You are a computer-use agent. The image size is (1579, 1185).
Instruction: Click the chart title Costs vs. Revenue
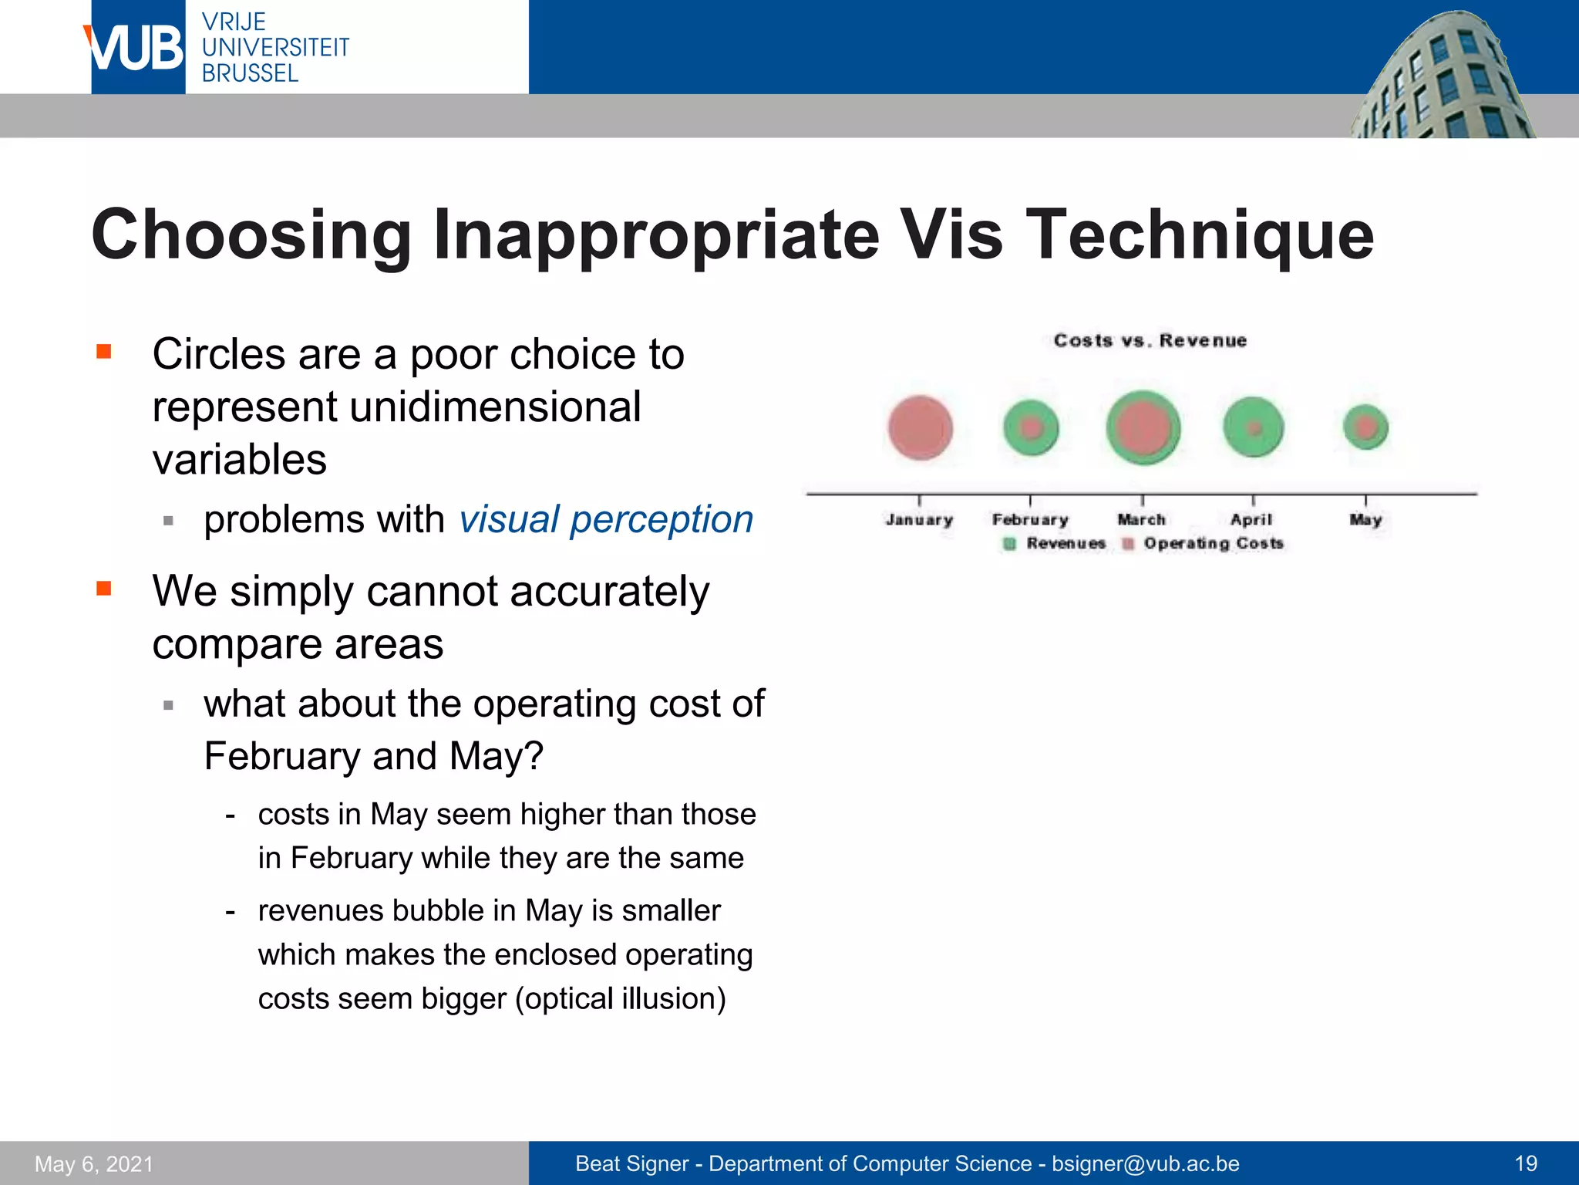(1150, 341)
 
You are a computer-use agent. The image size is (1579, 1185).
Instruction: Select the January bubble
(920, 427)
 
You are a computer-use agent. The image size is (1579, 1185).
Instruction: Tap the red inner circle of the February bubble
(1032, 427)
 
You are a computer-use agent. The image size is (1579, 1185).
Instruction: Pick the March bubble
(1143, 427)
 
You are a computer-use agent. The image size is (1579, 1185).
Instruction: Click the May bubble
(1365, 427)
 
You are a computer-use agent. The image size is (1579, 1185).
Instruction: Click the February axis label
(1030, 520)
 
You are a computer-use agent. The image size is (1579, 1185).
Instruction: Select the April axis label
(1251, 520)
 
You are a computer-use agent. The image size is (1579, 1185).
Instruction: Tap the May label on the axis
(1365, 520)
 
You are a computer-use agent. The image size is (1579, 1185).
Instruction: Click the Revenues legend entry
(1055, 544)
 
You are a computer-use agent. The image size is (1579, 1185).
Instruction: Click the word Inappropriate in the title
(655, 235)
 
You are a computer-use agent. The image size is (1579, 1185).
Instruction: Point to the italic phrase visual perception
(606, 519)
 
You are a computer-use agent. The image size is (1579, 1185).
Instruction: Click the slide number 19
(1525, 1163)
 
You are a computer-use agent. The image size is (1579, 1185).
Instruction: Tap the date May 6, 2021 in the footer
(94, 1163)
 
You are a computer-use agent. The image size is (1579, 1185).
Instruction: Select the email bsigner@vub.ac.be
(1146, 1163)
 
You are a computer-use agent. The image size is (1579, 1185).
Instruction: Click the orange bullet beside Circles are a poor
(104, 353)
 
